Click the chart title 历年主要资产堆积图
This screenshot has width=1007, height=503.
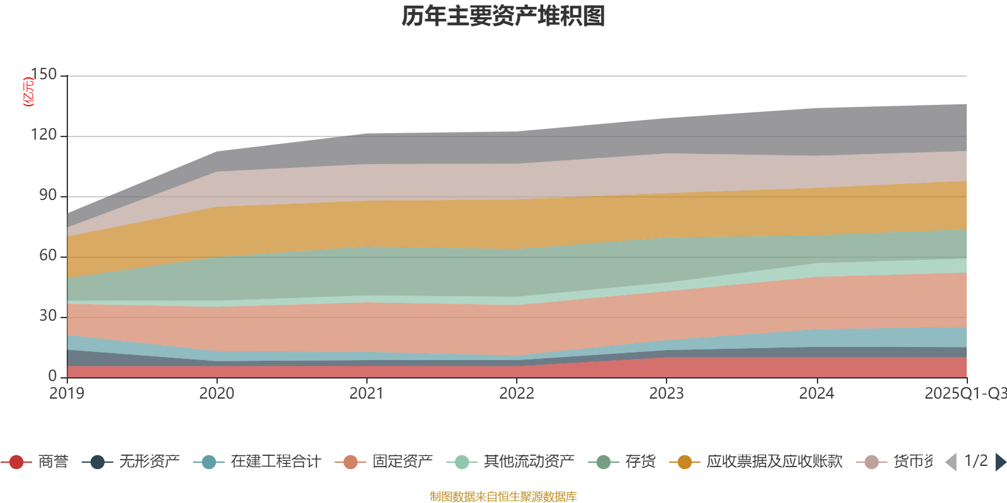coord(503,16)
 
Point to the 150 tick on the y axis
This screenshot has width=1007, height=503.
coord(43,75)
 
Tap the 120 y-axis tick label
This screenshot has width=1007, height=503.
coord(43,135)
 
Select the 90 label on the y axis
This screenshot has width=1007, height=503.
coord(48,196)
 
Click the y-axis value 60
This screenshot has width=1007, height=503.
coord(48,255)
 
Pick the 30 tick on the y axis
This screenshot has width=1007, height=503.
coord(48,316)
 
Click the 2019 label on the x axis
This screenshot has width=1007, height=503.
coord(67,394)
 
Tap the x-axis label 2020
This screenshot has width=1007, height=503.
coord(217,394)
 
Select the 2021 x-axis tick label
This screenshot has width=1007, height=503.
coord(366,394)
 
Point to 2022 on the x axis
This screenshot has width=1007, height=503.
coord(516,394)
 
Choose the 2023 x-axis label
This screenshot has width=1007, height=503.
coord(666,394)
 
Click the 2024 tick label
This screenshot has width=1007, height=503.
coord(816,394)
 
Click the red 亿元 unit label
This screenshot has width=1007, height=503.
coord(28,92)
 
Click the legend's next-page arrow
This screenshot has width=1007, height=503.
coord(1000,462)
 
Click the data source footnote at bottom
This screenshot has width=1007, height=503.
coord(503,497)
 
